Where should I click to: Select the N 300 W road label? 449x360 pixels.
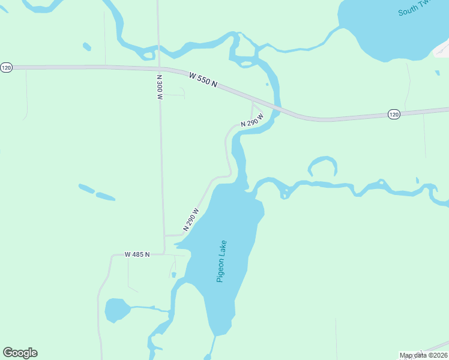point(160,87)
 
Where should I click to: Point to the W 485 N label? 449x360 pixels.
point(137,254)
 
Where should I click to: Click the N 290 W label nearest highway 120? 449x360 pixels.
point(252,120)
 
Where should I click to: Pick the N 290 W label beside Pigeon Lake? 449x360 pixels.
point(191,220)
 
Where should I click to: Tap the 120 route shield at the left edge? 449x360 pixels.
point(6,68)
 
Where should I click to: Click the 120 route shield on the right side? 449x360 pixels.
point(394,114)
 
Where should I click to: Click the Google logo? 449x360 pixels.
point(20,353)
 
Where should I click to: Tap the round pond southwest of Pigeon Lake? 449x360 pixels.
point(117,310)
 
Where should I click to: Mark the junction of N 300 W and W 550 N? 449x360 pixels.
point(159,68)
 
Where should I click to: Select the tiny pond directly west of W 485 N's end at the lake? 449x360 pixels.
point(173,275)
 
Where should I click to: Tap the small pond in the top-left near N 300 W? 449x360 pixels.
point(87,46)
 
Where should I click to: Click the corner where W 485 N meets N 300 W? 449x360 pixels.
point(164,254)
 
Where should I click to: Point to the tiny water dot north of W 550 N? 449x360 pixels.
point(267,85)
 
